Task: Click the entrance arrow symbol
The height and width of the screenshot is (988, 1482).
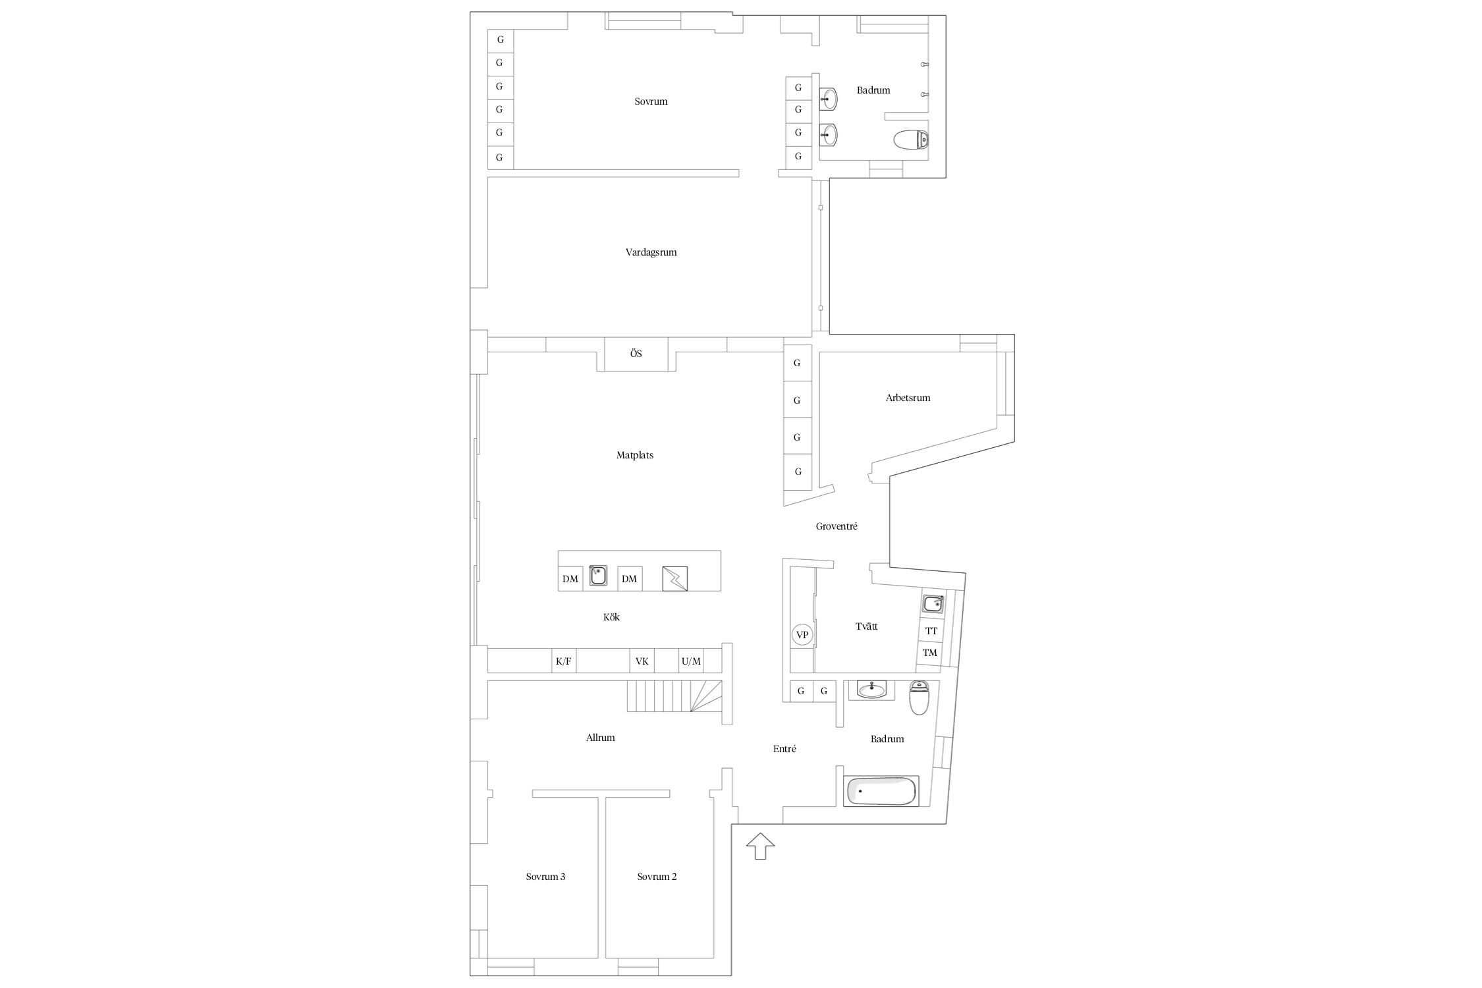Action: click(x=760, y=846)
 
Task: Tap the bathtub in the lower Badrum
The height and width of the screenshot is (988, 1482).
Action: click(x=881, y=791)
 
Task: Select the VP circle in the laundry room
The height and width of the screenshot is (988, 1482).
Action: click(x=802, y=635)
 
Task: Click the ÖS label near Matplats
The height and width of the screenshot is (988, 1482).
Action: click(x=636, y=354)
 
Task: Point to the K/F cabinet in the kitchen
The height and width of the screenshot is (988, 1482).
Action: click(x=564, y=661)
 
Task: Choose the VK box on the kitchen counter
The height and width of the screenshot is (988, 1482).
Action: click(x=642, y=661)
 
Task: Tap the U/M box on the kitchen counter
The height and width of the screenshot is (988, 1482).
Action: click(x=691, y=661)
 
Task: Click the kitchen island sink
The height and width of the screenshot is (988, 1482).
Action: click(x=598, y=576)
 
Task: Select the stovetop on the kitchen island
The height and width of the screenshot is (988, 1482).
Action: click(x=675, y=578)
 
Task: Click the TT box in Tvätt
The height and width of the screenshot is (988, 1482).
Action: click(x=931, y=630)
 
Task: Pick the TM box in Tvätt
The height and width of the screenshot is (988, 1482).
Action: click(x=929, y=653)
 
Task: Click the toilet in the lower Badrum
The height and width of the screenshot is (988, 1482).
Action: click(x=919, y=698)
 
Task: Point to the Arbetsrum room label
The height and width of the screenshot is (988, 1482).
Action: click(x=908, y=398)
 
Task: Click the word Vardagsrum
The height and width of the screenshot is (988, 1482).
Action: click(x=651, y=252)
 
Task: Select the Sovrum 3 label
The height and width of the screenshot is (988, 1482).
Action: click(x=545, y=877)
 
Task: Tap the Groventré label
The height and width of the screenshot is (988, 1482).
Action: click(x=837, y=526)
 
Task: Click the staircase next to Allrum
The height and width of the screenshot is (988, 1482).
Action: click(x=674, y=696)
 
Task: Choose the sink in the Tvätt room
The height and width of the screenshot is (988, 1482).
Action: click(x=933, y=603)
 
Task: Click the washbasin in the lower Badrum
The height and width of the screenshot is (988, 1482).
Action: click(x=871, y=690)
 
